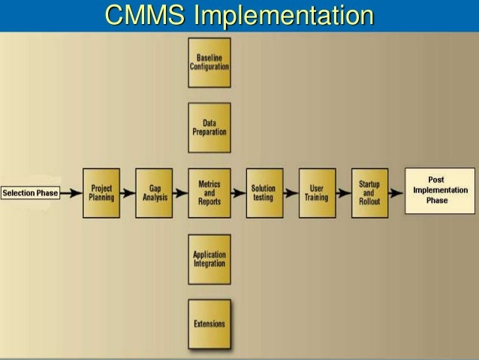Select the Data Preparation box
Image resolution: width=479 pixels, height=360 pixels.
pos(209,128)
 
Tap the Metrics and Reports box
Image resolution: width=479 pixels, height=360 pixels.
pos(209,192)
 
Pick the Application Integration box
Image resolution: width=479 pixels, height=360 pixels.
pos(209,259)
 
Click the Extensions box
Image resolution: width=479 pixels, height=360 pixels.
pos(209,324)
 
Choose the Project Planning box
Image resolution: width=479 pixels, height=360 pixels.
pos(101,192)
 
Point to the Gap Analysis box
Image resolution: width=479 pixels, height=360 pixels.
pos(155,192)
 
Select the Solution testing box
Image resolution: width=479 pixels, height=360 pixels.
pos(264,192)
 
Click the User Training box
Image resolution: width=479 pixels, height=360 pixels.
pos(317,192)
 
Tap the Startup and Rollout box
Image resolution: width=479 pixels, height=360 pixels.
pos(369,192)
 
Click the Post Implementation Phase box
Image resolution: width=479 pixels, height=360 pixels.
pos(440,191)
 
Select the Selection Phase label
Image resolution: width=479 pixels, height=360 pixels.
pos(30,193)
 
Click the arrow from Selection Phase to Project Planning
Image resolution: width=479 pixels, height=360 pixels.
pos(71,193)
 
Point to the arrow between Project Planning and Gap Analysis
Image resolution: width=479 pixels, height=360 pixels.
pos(128,193)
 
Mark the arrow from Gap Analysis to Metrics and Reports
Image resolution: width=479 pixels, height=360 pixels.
pos(181,193)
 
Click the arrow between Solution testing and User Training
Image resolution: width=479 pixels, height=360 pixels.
pos(291,193)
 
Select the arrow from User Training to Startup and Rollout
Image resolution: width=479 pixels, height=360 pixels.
pos(343,193)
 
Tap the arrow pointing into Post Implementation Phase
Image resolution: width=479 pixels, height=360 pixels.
pos(396,193)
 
